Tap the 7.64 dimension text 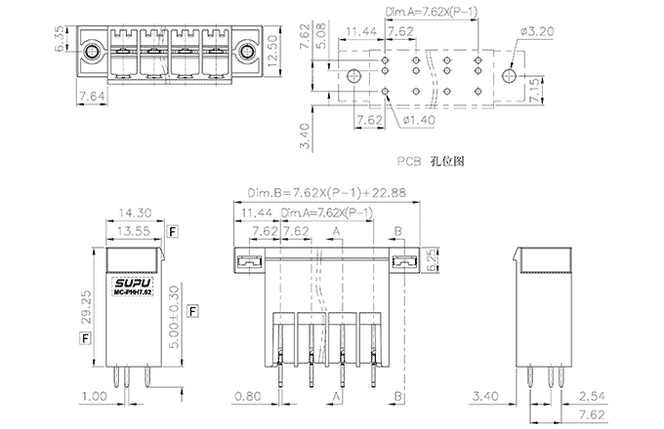coord(91,96)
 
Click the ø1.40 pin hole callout coord(418,121)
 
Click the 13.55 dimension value coord(133,231)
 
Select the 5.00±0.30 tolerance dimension coord(173,311)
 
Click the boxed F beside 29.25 coord(86,337)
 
